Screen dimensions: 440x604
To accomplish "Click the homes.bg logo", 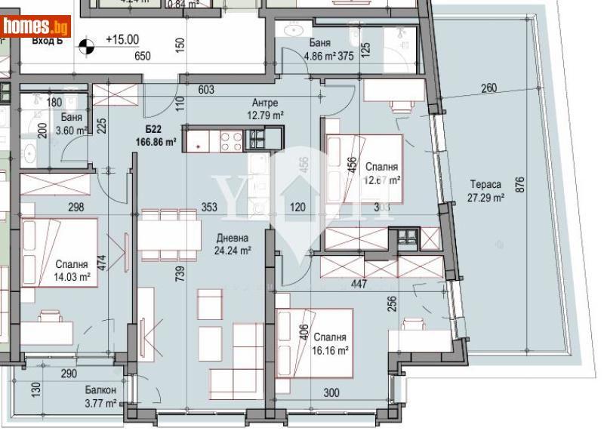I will coord(36,26).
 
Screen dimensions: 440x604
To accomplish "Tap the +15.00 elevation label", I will coord(122,40).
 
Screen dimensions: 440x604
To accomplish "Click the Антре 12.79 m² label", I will coord(265,109).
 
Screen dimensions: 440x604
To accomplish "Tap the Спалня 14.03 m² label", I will coord(72,271).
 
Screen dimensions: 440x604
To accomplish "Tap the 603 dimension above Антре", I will coord(206,90).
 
